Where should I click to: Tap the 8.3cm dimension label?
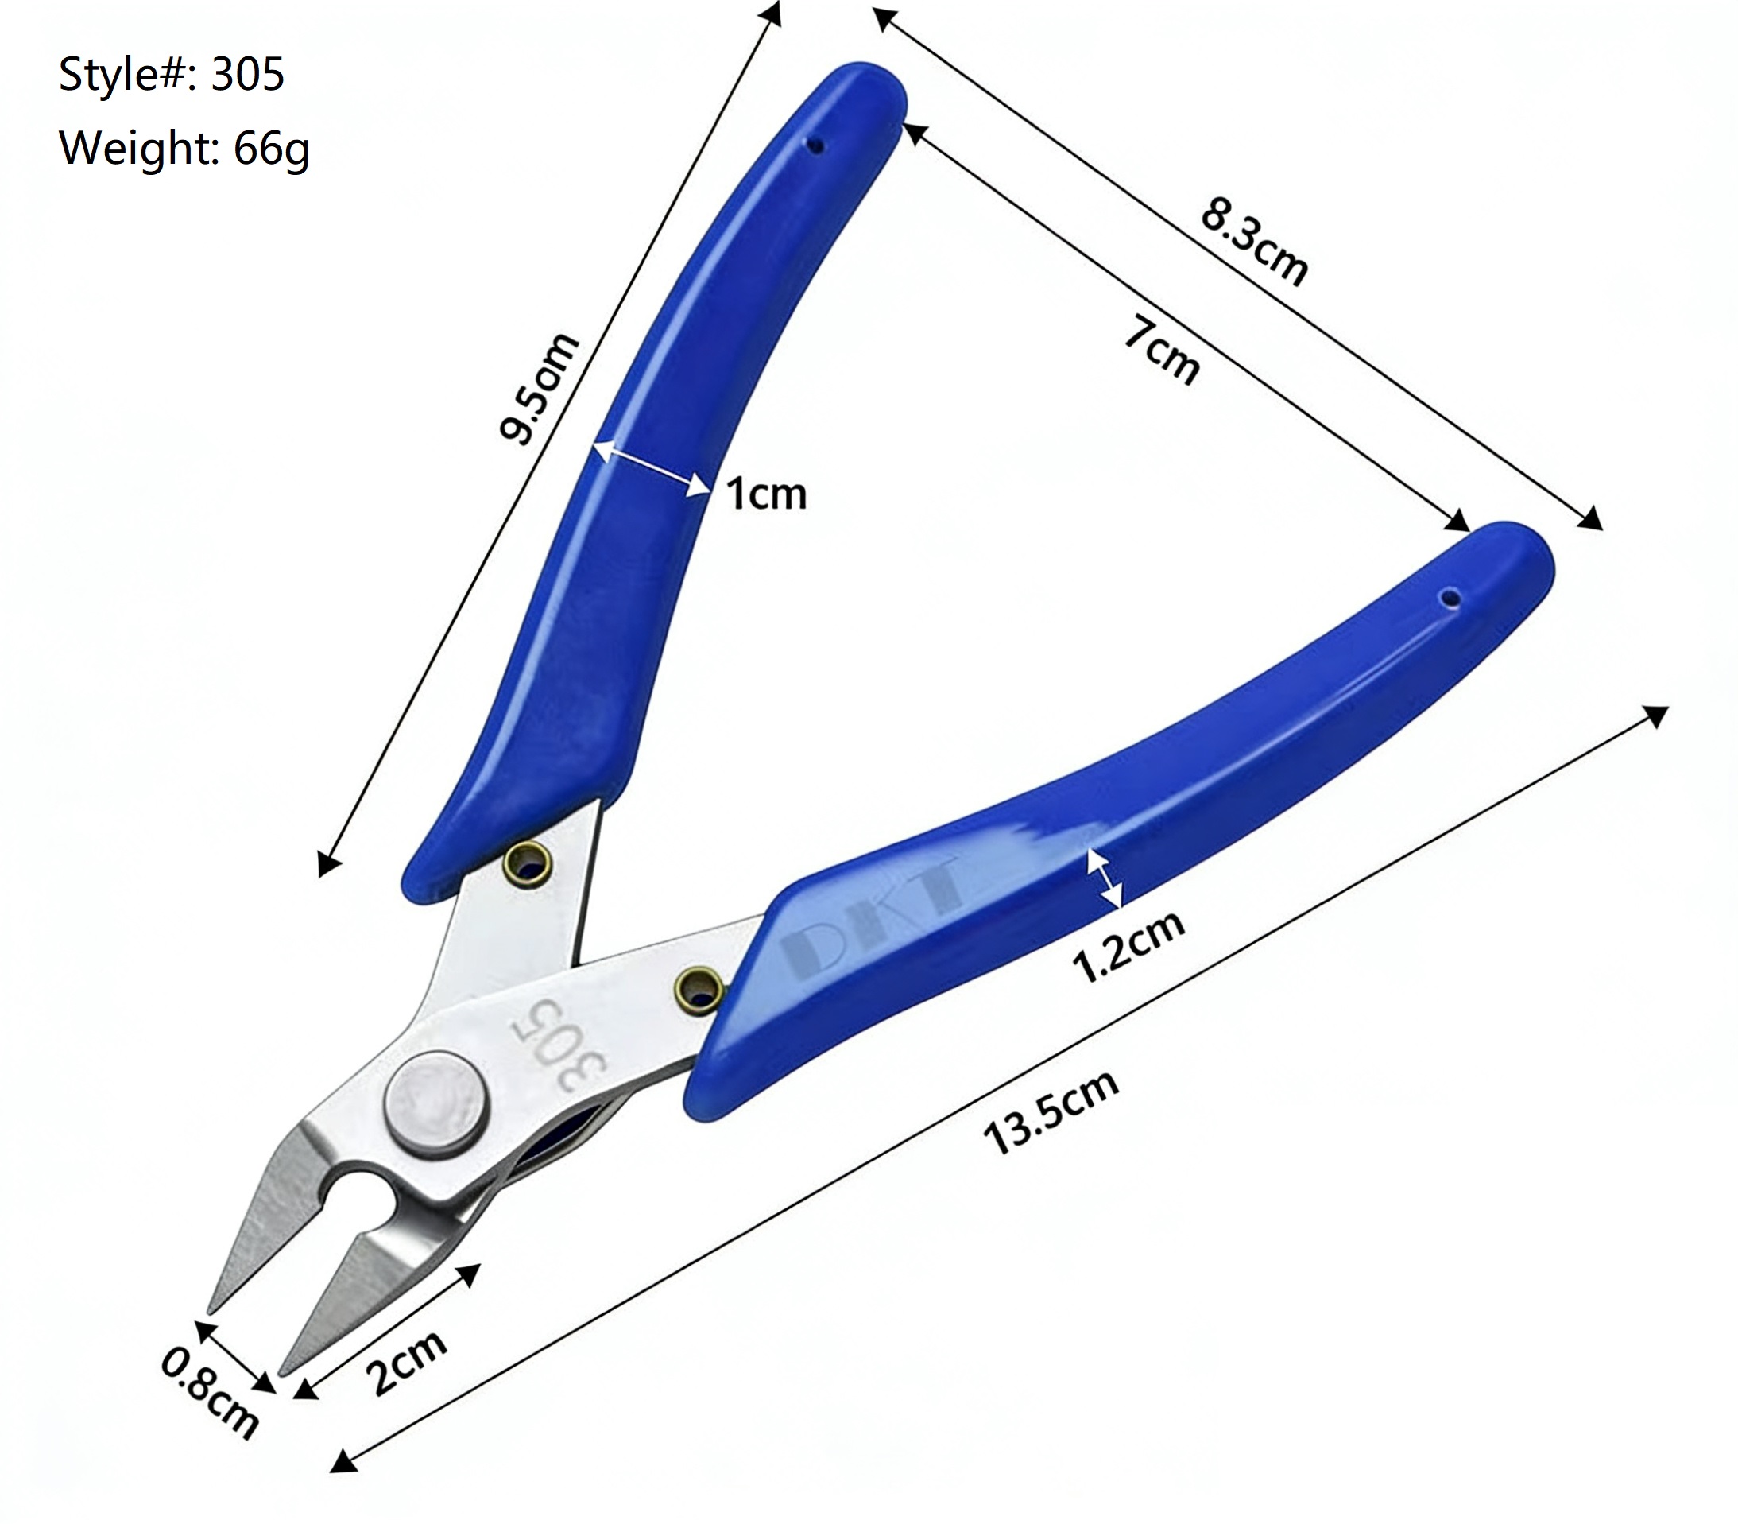tap(1254, 241)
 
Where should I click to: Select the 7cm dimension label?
tap(1163, 350)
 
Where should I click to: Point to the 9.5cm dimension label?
tap(538, 388)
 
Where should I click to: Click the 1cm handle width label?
tap(766, 494)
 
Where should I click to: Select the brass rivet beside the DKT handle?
tap(699, 989)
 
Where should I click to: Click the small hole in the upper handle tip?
tap(816, 146)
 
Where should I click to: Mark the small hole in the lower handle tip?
tap(1452, 599)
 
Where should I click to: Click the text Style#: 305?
tap(171, 74)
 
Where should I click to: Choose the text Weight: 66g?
tap(184, 148)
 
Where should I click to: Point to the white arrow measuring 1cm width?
tap(652, 467)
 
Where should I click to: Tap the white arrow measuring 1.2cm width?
tap(1105, 878)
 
